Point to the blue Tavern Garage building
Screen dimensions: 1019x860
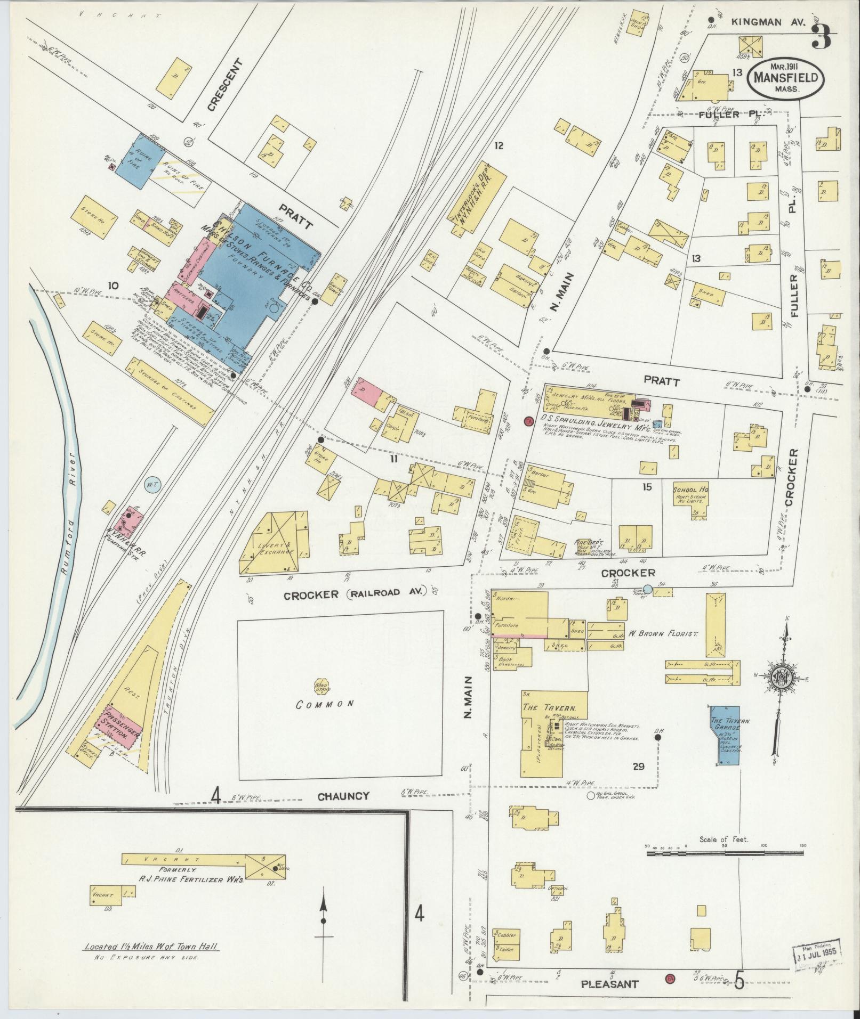coord(726,736)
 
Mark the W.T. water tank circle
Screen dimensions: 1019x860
coord(151,484)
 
